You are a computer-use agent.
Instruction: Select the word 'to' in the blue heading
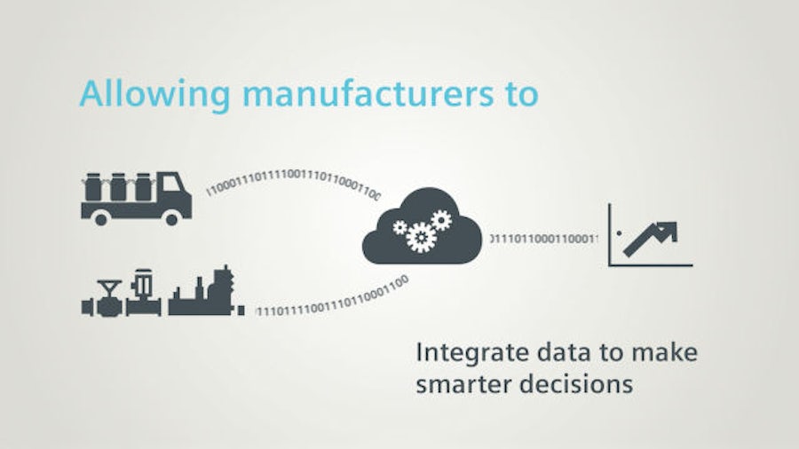point(520,93)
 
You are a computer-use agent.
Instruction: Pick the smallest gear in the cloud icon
point(400,227)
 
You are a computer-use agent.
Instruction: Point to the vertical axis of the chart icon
point(610,234)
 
